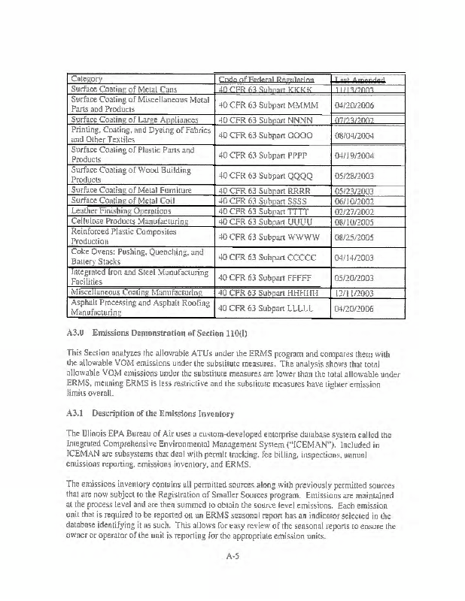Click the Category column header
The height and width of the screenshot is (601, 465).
coord(87,80)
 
